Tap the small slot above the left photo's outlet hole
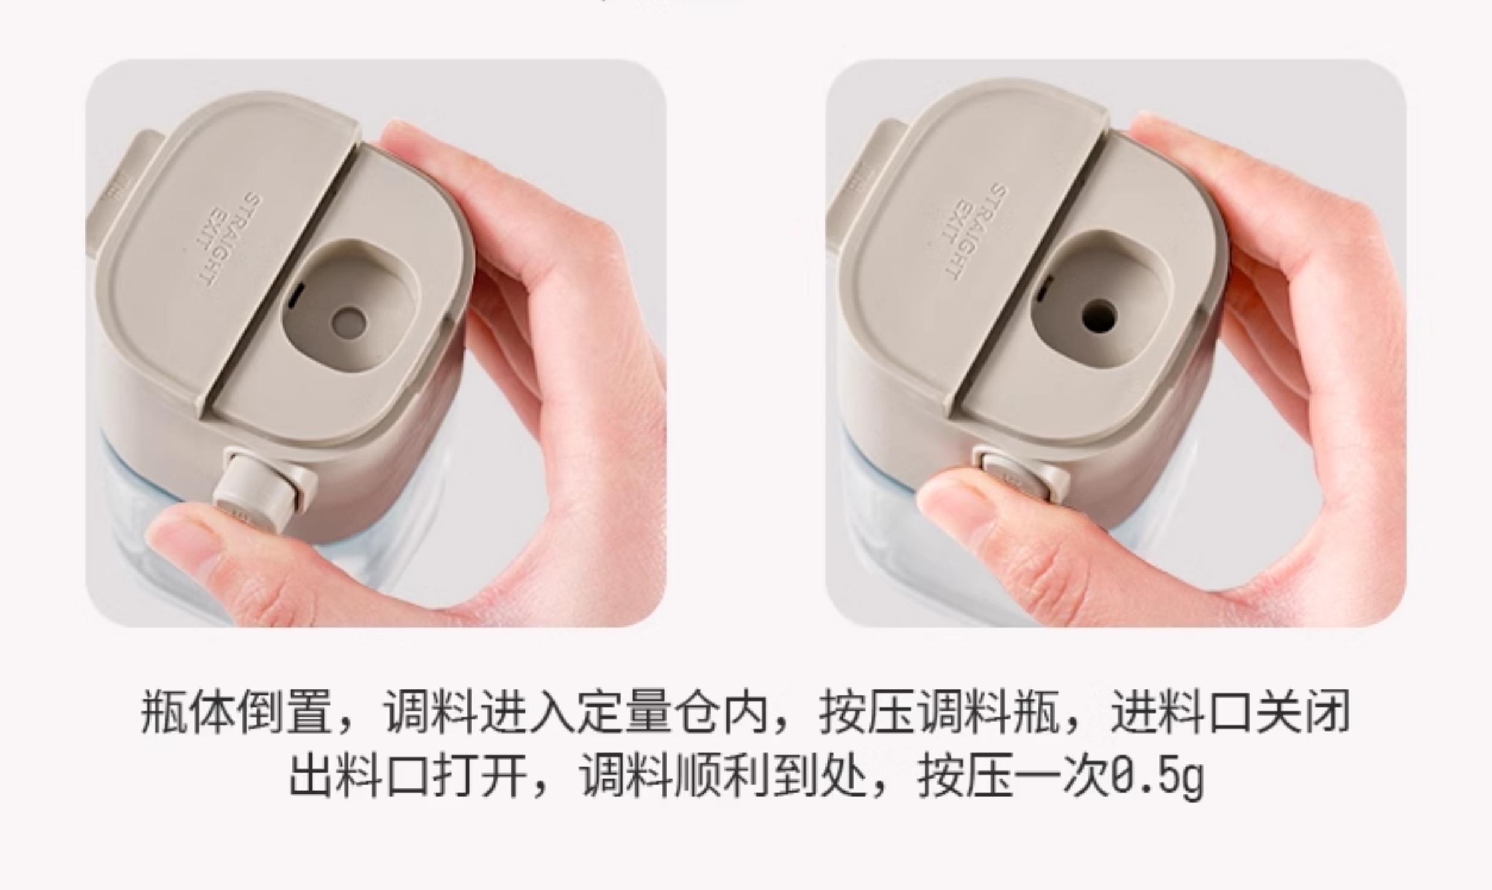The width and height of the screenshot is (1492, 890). [x=295, y=297]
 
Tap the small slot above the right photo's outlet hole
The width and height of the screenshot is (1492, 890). [x=1043, y=288]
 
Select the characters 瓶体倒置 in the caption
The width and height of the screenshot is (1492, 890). [x=236, y=714]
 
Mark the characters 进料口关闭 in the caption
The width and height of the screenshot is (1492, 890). [x=1230, y=714]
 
